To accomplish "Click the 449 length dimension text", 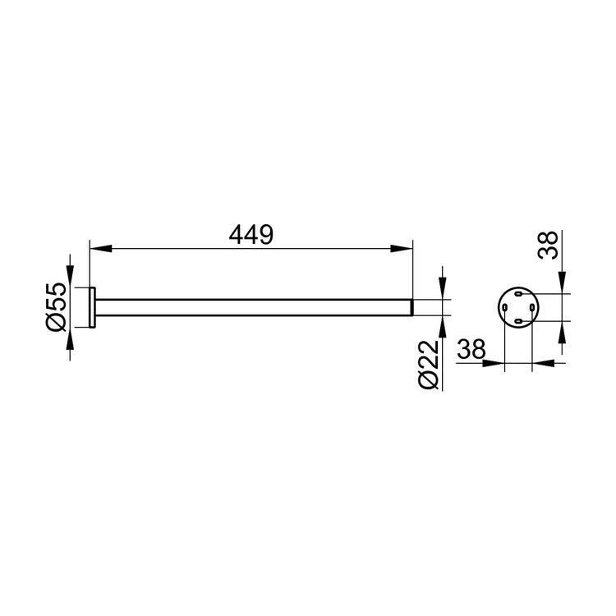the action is click(251, 235).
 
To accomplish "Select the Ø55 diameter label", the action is click(57, 307).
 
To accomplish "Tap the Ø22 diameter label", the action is click(429, 365).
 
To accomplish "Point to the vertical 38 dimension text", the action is click(548, 245).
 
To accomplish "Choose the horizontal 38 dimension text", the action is click(471, 349).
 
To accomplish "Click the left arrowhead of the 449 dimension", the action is click(101, 248).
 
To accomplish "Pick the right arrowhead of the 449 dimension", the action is click(402, 248).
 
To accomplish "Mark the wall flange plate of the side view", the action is click(93, 307).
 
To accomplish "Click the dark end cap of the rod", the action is click(411, 307).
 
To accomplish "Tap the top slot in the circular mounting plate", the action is click(518, 293).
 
